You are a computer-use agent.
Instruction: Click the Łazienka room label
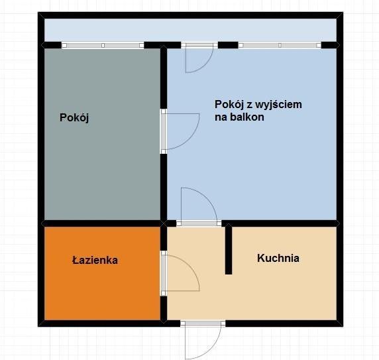[95, 260]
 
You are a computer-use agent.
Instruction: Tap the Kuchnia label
[278, 258]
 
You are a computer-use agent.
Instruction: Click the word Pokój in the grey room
[74, 118]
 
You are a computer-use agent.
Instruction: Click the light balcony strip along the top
[190, 30]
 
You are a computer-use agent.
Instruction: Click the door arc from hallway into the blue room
[208, 198]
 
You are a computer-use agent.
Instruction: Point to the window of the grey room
[103, 45]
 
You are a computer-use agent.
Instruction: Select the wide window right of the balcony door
[280, 45]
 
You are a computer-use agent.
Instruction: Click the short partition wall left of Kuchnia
[229, 249]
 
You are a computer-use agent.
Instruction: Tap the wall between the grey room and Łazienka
[102, 223]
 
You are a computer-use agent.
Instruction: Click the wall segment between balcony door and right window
[228, 45]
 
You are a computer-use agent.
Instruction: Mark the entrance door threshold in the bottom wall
[203, 324]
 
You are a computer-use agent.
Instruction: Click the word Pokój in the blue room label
[229, 105]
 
